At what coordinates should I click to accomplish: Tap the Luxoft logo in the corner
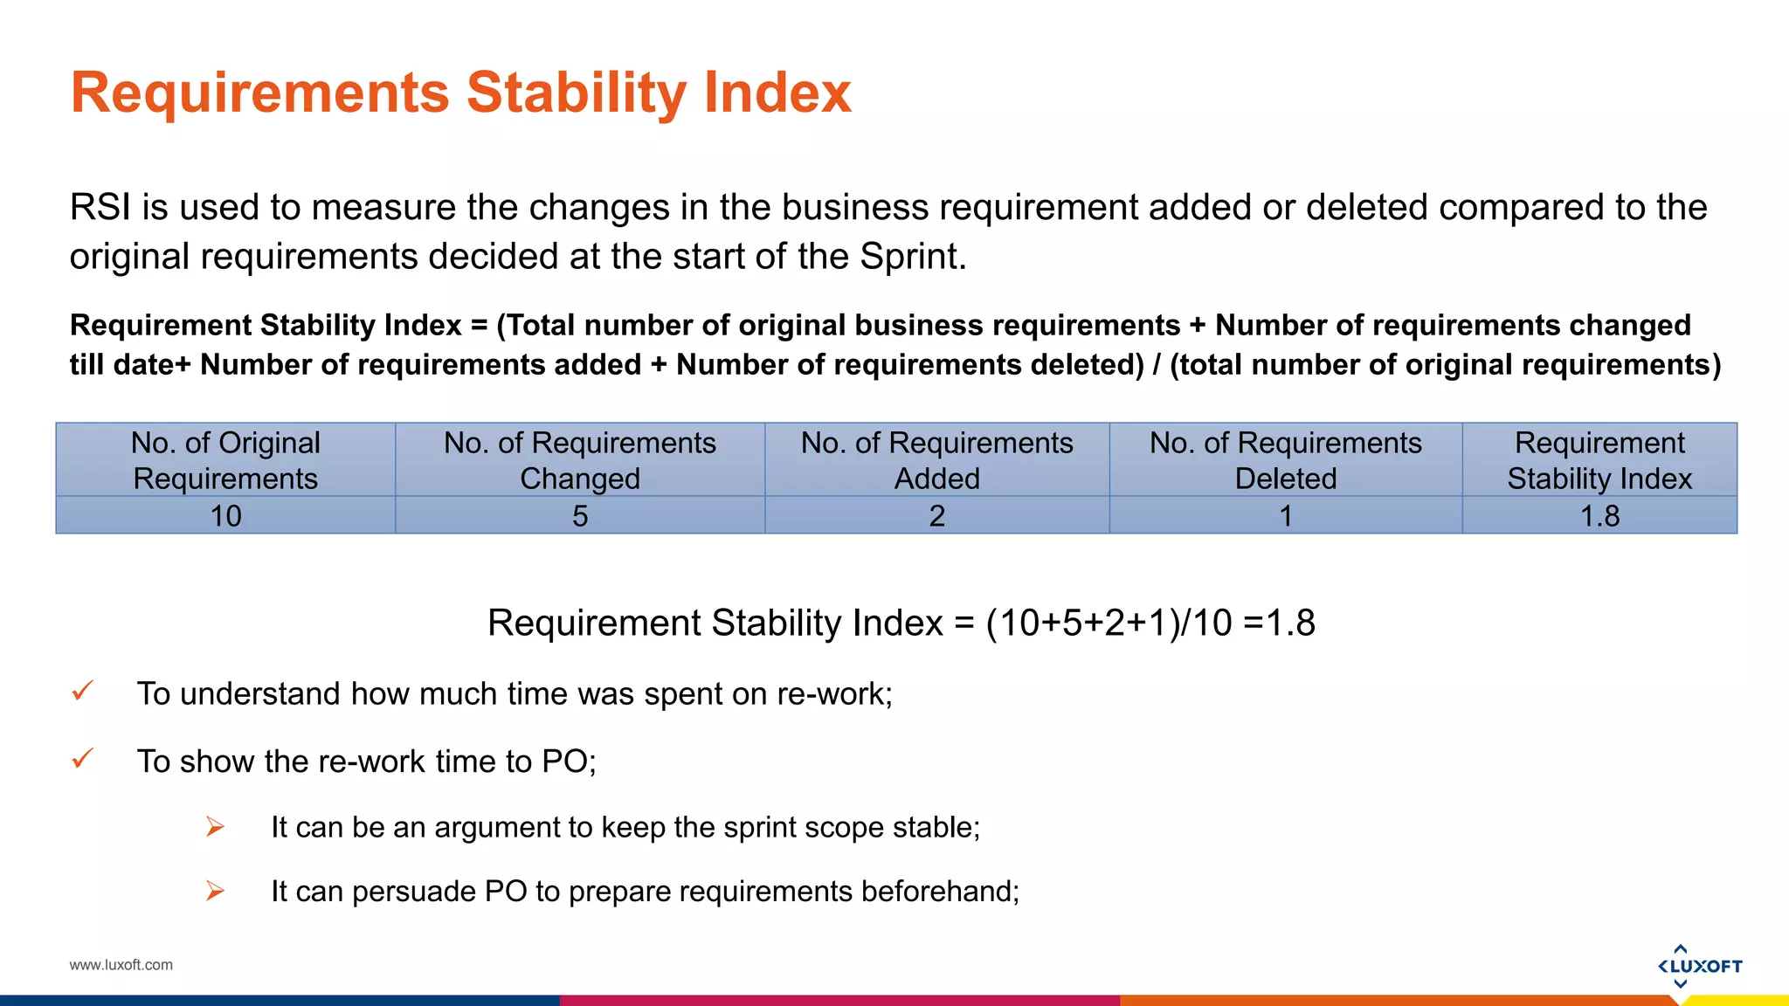point(1699,966)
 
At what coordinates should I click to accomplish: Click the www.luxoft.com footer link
point(121,965)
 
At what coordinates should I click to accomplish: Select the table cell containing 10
point(225,516)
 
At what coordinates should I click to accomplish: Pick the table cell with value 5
point(580,516)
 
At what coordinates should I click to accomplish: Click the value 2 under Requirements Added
point(936,516)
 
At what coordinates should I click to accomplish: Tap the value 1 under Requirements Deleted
point(1285,516)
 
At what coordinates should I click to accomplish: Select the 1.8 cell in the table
point(1599,516)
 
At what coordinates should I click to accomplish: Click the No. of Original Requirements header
point(225,460)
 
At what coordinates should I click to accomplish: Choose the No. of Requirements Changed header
point(580,460)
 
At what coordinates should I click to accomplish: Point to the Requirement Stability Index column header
point(1599,460)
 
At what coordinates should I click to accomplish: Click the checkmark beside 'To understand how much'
point(83,692)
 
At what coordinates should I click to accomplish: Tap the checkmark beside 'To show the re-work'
point(83,759)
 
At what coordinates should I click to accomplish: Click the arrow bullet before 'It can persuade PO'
point(215,891)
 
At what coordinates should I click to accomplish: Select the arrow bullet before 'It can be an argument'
point(215,826)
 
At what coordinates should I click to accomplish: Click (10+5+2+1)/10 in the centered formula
point(1109,624)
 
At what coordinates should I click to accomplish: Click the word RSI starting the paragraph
point(100,208)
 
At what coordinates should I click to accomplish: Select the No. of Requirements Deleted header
point(1285,460)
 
